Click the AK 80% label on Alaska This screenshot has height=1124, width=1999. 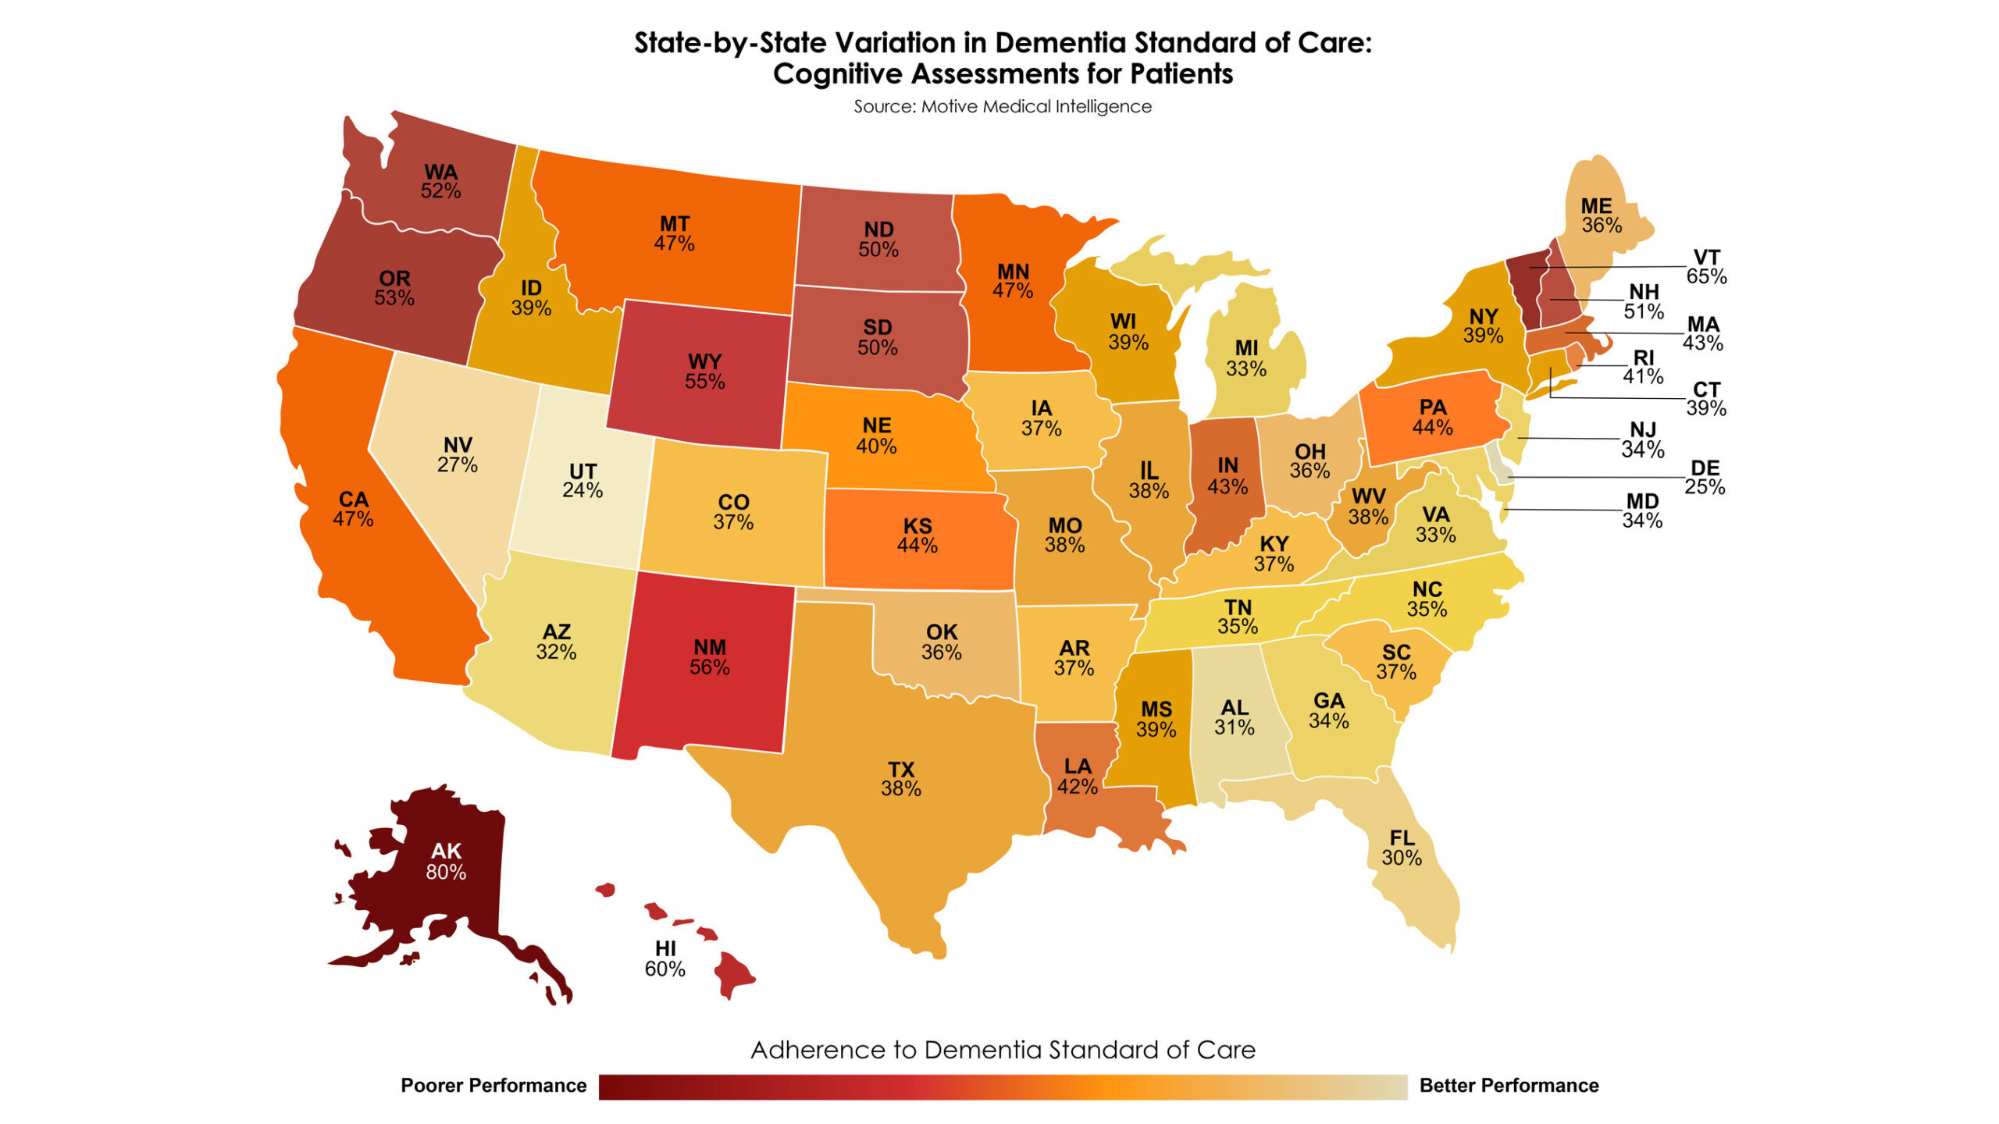pos(446,862)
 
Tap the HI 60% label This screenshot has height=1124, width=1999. pos(665,959)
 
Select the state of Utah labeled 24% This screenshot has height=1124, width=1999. pos(583,481)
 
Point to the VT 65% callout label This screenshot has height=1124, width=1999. pos(1705,267)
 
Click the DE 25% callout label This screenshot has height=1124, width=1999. pos(1704,478)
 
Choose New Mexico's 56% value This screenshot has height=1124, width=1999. pos(709,667)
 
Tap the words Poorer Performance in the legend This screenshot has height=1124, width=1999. pos(493,1086)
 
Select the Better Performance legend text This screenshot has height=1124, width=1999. pos(1509,1086)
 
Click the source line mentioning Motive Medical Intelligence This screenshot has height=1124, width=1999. pos(1002,107)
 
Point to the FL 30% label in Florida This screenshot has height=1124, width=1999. pos(1402,848)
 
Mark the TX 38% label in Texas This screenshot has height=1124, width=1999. pos(900,779)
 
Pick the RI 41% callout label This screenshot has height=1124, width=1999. pos(1643,367)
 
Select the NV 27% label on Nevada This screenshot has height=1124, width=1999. pos(458,455)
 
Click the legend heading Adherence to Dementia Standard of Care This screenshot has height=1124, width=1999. pos(1003,1051)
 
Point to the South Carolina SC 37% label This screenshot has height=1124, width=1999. pos(1396,662)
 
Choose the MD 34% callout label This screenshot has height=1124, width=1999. pos(1641,511)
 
